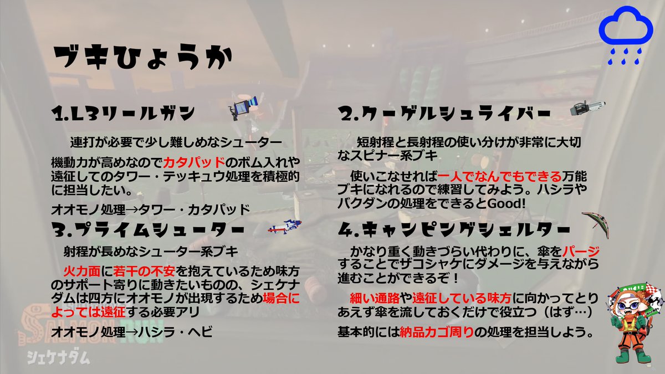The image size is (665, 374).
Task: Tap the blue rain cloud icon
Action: (626, 33)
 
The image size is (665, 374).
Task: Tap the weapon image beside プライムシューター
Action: (284, 227)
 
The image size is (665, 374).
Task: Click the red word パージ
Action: (584, 252)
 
